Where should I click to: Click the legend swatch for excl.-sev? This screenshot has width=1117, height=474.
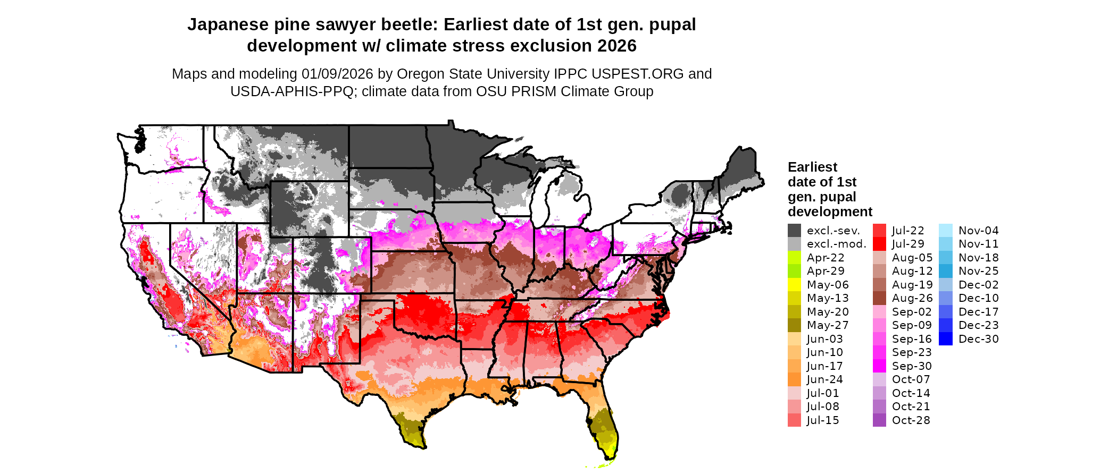[794, 231]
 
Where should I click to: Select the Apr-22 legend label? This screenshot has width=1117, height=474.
[826, 258]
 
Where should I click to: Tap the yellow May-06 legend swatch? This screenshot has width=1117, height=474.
[794, 285]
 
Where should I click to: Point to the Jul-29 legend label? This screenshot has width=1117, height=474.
[908, 244]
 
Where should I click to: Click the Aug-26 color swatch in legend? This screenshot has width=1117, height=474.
[880, 298]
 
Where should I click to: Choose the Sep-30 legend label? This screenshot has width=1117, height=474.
[912, 366]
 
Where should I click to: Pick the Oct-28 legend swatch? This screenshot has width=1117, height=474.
[880, 420]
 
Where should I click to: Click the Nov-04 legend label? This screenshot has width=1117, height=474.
[979, 231]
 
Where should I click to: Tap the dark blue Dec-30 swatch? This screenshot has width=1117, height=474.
[946, 339]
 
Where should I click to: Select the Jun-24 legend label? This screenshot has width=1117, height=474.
[825, 379]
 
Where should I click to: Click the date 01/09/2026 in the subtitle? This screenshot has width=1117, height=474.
[337, 74]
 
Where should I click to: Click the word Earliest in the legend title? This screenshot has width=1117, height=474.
[812, 167]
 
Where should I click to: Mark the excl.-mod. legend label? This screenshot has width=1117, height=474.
[836, 244]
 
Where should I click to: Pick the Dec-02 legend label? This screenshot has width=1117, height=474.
[979, 285]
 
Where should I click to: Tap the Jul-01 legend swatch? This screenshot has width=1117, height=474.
[794, 393]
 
